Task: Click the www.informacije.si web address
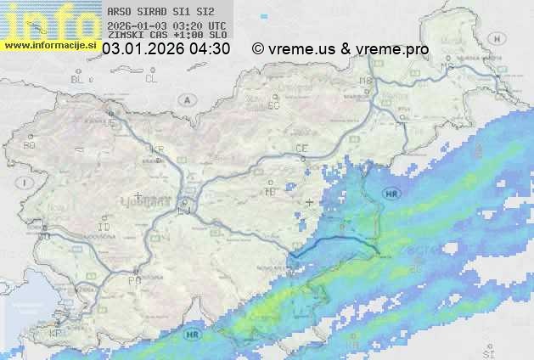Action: pyautogui.click(x=48, y=45)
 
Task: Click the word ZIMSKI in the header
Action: pyautogui.click(x=122, y=36)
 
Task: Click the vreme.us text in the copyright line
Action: pyautogui.click(x=302, y=49)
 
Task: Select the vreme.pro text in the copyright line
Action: pyautogui.click(x=392, y=49)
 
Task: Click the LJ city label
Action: pyautogui.click(x=186, y=211)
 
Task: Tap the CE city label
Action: pyautogui.click(x=301, y=148)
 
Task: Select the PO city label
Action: pyautogui.click(x=134, y=279)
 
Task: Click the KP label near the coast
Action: pyautogui.click(x=56, y=334)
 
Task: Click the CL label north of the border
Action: pyautogui.click(x=151, y=79)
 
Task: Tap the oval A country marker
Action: pyautogui.click(x=185, y=99)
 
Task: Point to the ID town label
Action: pyautogui.click(x=104, y=228)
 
